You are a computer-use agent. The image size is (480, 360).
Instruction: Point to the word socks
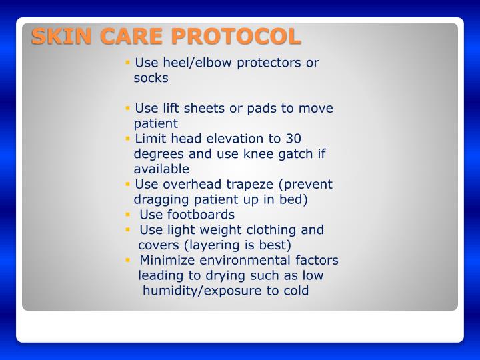pyautogui.click(x=151, y=78)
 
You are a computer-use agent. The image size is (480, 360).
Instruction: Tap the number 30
pyautogui.click(x=293, y=139)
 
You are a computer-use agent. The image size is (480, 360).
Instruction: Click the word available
pyautogui.click(x=161, y=169)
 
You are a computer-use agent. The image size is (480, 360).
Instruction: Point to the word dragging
pyautogui.click(x=161, y=199)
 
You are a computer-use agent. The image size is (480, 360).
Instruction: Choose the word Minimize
pyautogui.click(x=167, y=260)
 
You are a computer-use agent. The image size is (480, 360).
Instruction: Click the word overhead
pyautogui.click(x=185, y=185)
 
